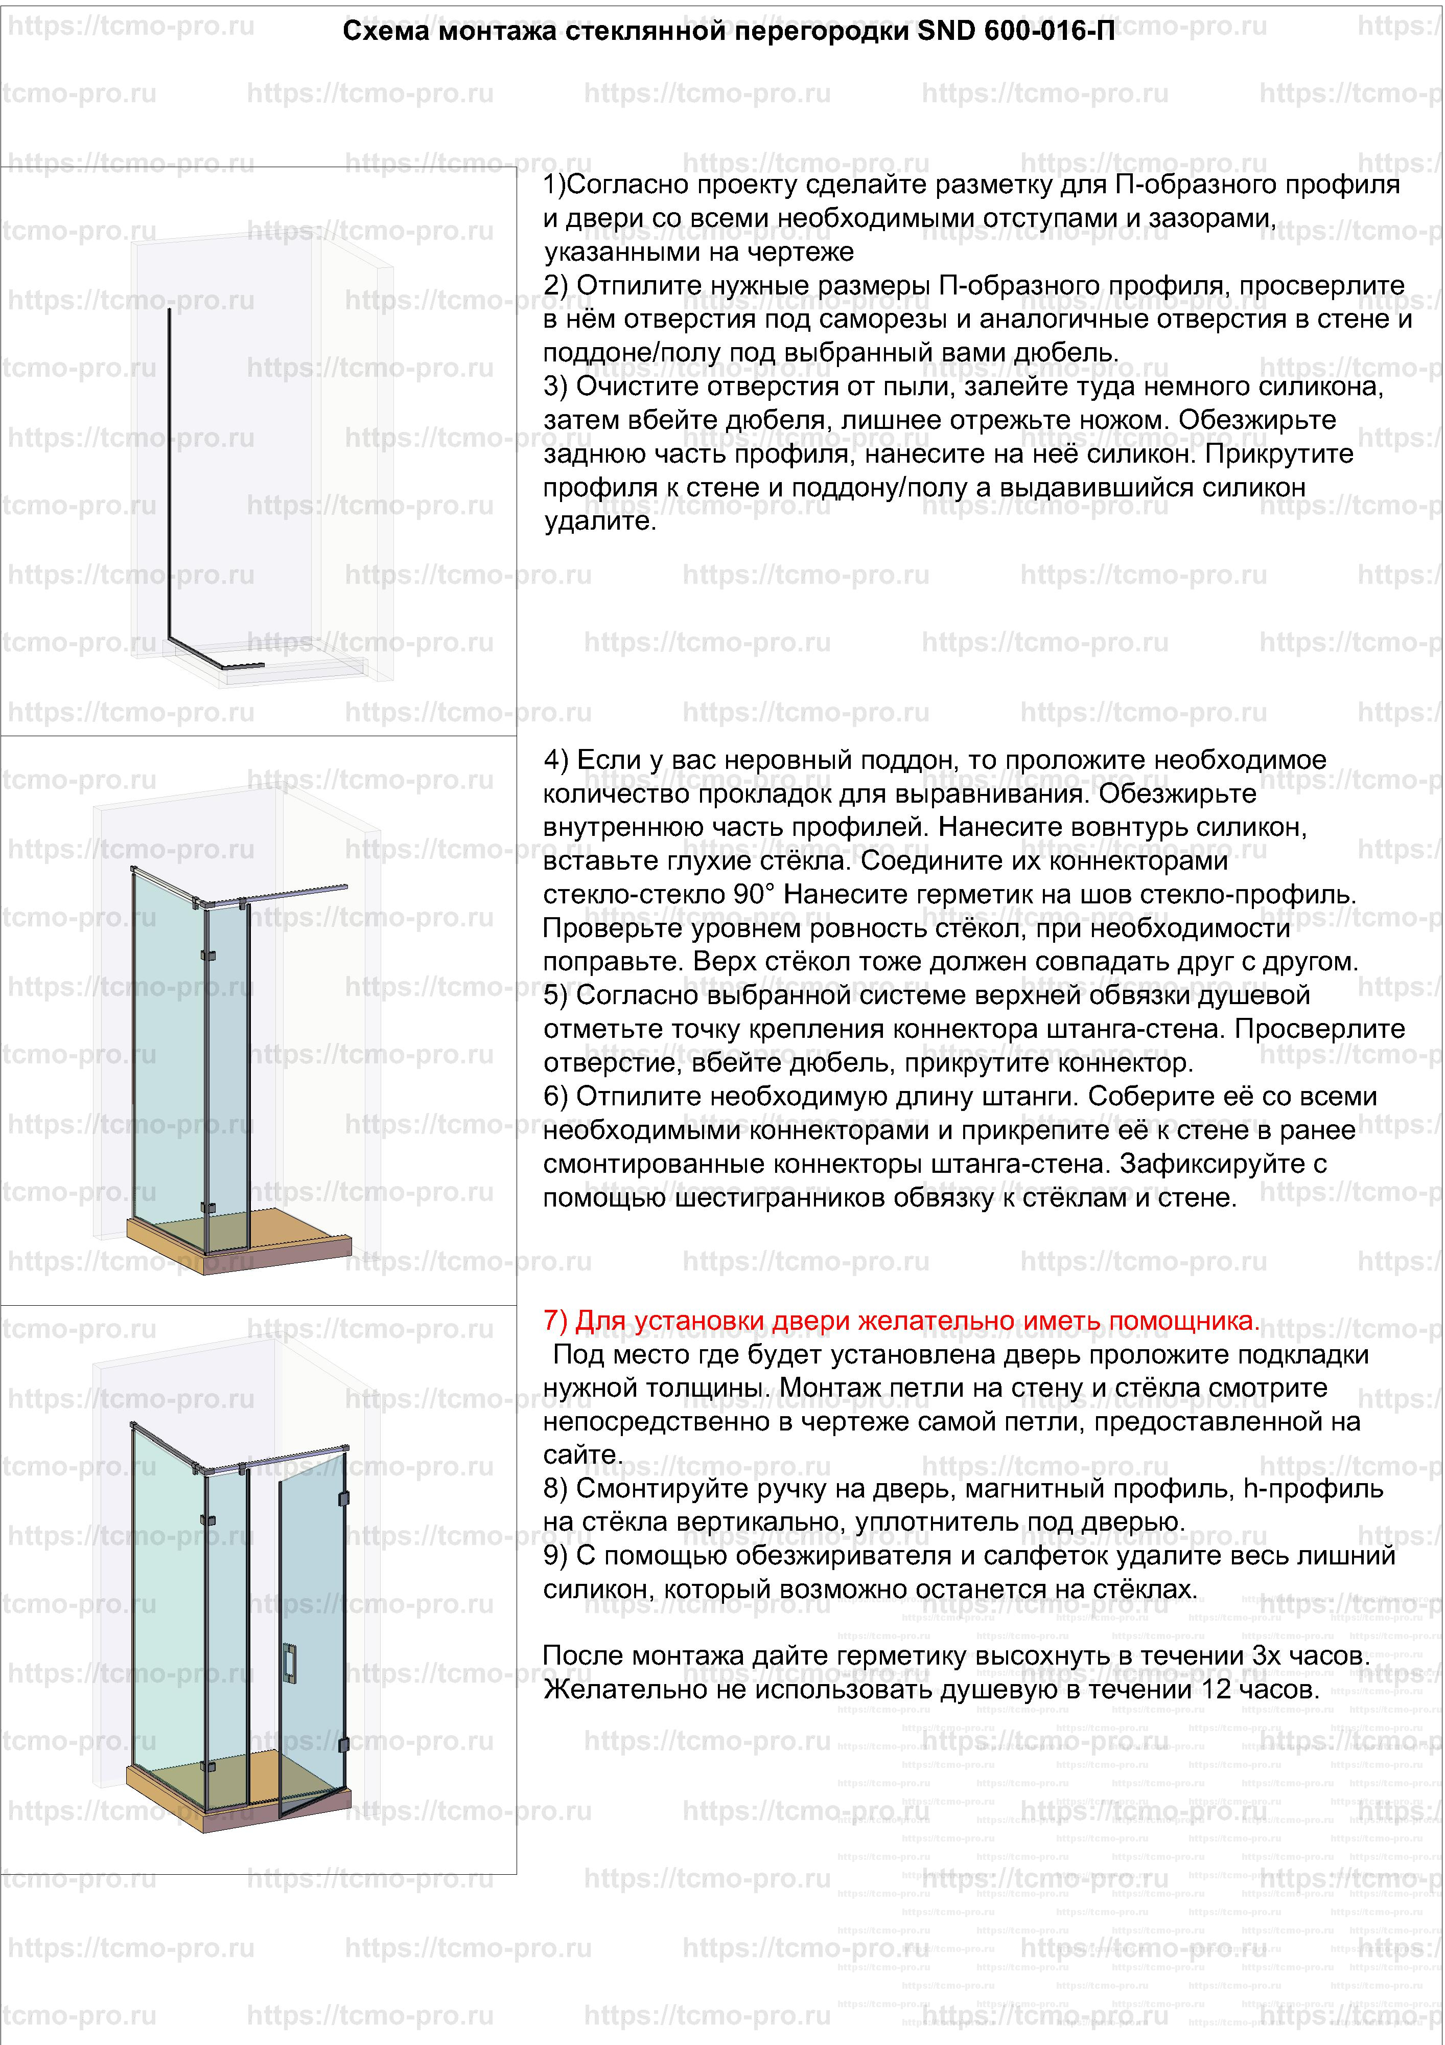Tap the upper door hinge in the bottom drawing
[x=344, y=1499]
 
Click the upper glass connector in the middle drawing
[x=208, y=957]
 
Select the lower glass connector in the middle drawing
[x=208, y=1208]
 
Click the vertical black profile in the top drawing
[x=169, y=472]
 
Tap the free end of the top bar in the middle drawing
[x=344, y=887]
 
